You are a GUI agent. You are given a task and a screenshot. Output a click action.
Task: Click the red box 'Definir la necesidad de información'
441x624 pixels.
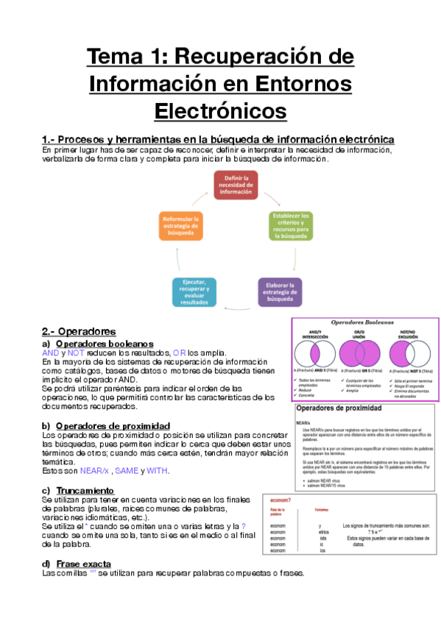pyautogui.click(x=236, y=186)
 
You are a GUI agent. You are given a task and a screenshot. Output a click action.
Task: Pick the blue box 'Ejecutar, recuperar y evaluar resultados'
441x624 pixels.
pyautogui.click(x=194, y=292)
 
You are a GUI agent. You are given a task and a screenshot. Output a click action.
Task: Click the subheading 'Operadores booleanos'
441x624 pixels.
pyautogui.click(x=105, y=344)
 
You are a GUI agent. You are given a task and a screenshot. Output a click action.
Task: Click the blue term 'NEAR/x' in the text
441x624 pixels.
pyautogui.click(x=94, y=470)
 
